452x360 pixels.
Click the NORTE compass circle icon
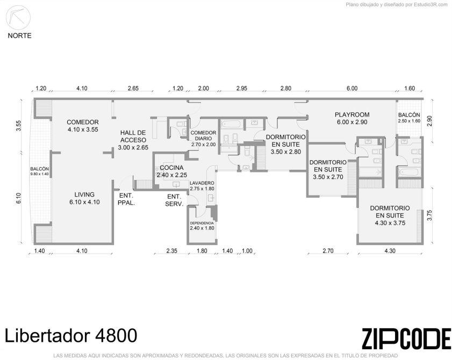(x=18, y=17)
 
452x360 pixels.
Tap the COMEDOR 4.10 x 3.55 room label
(x=83, y=126)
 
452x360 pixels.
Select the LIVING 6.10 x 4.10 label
(x=84, y=198)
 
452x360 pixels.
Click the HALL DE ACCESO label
(x=133, y=140)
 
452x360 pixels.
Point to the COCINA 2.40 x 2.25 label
(x=172, y=171)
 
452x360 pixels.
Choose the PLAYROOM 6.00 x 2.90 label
(x=352, y=118)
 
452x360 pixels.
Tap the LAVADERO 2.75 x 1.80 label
(x=202, y=186)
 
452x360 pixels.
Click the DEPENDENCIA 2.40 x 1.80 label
(x=202, y=226)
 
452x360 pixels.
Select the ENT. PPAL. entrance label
(x=126, y=199)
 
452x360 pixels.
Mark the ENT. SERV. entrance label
(x=174, y=200)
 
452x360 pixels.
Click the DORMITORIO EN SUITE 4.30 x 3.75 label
(x=390, y=215)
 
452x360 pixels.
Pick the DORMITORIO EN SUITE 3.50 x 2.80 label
(x=286, y=144)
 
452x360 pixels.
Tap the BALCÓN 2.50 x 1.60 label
(x=409, y=118)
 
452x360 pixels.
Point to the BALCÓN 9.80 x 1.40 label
(x=39, y=171)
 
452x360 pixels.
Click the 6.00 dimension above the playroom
(x=351, y=89)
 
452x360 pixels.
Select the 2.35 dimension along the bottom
(x=171, y=251)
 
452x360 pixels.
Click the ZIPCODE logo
(x=406, y=339)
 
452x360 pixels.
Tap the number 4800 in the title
(x=116, y=335)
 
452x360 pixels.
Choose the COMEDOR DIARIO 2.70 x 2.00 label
(x=203, y=139)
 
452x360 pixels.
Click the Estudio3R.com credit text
(x=431, y=5)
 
